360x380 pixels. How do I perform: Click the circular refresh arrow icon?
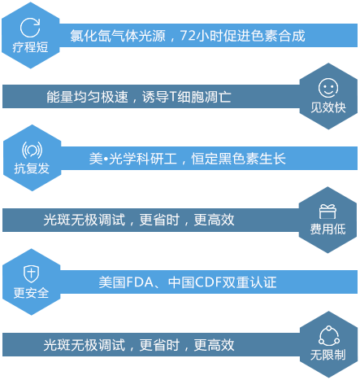point(30,28)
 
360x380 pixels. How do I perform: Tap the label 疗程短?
point(30,47)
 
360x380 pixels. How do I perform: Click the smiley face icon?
point(328,88)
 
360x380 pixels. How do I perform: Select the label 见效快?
point(328,107)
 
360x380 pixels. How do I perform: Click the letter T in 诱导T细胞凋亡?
point(173,97)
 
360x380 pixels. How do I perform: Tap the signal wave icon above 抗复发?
point(32,150)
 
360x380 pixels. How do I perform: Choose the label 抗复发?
point(32,168)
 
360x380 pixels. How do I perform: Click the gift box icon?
point(327,212)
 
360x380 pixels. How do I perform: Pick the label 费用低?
point(327,229)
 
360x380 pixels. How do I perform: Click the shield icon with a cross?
point(32,273)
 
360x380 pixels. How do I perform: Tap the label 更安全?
point(31,293)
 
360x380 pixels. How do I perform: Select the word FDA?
point(140,282)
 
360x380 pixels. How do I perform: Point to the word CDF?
point(209,282)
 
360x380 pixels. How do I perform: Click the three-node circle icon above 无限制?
point(329,335)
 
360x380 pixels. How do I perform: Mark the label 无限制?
point(328,355)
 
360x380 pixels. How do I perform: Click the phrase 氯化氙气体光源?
point(118,36)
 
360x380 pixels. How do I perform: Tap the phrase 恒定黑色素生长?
point(239,159)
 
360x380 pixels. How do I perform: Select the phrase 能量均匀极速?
point(87,97)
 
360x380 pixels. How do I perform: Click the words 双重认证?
point(249,282)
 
